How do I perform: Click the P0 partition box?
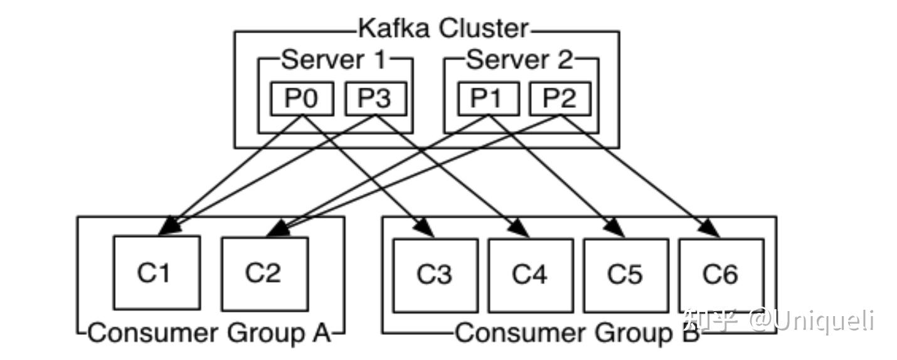[x=302, y=99]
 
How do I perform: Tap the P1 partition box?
[x=489, y=99]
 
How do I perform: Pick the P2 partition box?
[x=560, y=99]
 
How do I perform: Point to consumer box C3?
[x=435, y=275]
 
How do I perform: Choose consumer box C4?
[x=531, y=275]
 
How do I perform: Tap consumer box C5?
[x=625, y=275]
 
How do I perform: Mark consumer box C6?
[x=721, y=275]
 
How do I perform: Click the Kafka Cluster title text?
[x=443, y=29]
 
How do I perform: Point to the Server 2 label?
[x=520, y=60]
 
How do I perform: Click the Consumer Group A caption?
[x=209, y=333]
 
